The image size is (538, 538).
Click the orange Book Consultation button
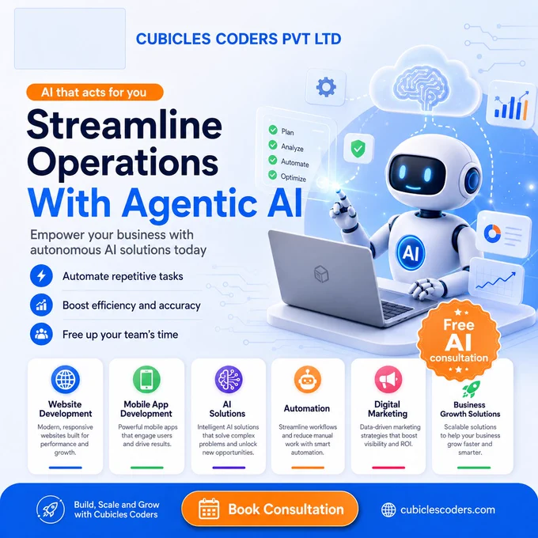tap(270, 510)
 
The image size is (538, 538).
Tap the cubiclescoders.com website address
tap(448, 510)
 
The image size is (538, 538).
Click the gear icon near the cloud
tap(326, 87)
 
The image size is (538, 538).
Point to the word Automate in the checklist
tap(295, 163)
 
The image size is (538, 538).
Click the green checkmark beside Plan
tap(273, 130)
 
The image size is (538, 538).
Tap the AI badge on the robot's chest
tap(411, 253)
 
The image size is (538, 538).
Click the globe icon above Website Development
tap(65, 380)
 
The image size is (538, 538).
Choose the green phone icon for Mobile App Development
tap(146, 380)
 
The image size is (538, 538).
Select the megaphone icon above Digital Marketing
tap(388, 380)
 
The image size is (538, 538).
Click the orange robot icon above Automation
tap(308, 380)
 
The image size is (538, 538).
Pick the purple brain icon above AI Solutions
tap(229, 380)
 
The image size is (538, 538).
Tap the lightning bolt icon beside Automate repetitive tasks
tap(41, 276)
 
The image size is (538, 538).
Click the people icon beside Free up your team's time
tap(41, 334)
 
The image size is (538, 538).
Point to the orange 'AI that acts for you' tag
tap(95, 93)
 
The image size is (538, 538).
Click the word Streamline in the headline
tap(124, 125)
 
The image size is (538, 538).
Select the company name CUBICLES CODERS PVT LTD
tap(238, 39)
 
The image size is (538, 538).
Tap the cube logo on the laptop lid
tap(321, 274)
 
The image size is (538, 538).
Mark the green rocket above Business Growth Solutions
tap(471, 390)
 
